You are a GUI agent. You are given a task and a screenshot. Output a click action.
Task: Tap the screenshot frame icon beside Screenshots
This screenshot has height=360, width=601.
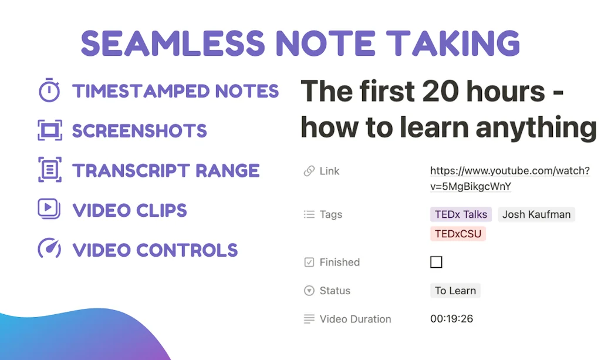point(50,130)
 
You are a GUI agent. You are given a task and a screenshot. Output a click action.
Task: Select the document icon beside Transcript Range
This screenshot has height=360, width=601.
point(50,170)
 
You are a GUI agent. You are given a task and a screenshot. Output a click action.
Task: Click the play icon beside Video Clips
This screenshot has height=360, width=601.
point(49,208)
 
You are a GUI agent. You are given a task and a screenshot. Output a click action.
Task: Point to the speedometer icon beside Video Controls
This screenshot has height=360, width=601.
point(49,248)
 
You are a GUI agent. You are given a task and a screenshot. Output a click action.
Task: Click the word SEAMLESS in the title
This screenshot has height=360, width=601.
point(173,43)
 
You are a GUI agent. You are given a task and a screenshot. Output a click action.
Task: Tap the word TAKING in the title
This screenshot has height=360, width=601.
point(453,43)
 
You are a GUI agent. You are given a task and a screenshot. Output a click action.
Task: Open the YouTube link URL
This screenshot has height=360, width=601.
point(510,179)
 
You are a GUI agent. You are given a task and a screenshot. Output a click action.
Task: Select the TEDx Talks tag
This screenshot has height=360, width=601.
point(461,214)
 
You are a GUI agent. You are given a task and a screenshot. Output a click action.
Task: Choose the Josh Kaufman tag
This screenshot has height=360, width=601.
point(536,214)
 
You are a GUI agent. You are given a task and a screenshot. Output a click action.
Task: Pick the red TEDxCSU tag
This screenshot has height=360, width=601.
point(458,234)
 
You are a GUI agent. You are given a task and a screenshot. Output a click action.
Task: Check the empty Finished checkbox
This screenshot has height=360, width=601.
point(436,263)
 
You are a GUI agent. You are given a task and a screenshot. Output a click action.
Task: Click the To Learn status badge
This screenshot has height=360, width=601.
point(455,291)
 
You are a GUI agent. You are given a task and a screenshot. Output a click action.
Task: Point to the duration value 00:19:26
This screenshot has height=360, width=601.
point(451,318)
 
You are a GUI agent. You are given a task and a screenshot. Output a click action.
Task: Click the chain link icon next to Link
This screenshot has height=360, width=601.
point(309,171)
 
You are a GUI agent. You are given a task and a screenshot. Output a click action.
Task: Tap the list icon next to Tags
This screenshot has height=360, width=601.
point(309,214)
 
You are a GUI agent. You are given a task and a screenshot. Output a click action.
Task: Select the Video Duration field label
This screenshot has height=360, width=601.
point(355,319)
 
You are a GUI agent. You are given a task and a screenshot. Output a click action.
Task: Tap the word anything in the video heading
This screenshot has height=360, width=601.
point(536,128)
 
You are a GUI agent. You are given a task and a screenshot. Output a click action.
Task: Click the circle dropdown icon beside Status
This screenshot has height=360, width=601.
point(309,291)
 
